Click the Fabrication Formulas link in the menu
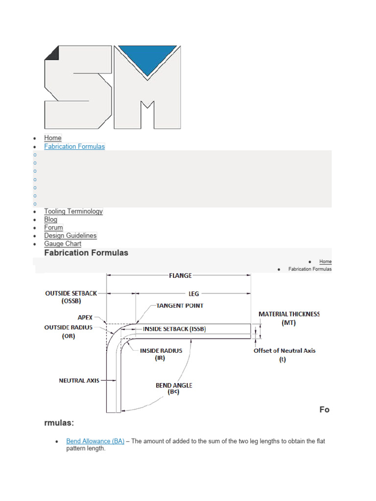click(x=74, y=146)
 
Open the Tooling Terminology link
click(x=73, y=211)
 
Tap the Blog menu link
click(x=50, y=220)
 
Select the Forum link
click(x=53, y=228)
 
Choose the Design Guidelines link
click(x=70, y=236)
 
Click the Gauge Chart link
click(x=63, y=244)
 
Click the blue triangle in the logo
click(x=147, y=59)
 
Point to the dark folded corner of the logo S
click(x=52, y=53)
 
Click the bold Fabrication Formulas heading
click(x=86, y=253)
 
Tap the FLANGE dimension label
click(x=180, y=275)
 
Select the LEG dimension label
click(x=194, y=294)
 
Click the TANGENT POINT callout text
click(x=180, y=306)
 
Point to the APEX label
click(x=85, y=318)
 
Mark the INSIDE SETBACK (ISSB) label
click(x=174, y=329)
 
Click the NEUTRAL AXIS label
click(x=79, y=380)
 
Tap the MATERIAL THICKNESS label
click(x=289, y=314)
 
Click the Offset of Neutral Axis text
click(x=284, y=350)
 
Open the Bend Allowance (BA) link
click(x=95, y=441)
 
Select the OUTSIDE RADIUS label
click(x=69, y=327)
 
